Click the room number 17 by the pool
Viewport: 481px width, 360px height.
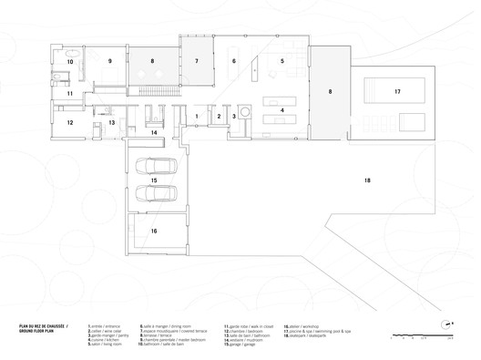pyautogui.click(x=397, y=92)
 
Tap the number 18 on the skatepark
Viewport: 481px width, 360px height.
pyautogui.click(x=367, y=182)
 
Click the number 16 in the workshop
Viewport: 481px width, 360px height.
pyautogui.click(x=154, y=232)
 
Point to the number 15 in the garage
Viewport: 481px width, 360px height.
pyautogui.click(x=154, y=180)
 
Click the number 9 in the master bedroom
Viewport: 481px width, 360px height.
pyautogui.click(x=109, y=62)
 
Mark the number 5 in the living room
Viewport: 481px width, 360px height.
pyautogui.click(x=282, y=61)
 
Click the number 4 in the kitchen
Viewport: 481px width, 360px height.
pyautogui.click(x=282, y=110)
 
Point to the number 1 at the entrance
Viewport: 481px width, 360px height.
pyautogui.click(x=197, y=116)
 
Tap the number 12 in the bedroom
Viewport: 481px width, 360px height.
pyautogui.click(x=69, y=121)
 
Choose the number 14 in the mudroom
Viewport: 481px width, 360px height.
pyautogui.click(x=154, y=133)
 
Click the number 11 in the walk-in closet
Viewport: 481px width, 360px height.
pyautogui.click(x=69, y=93)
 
